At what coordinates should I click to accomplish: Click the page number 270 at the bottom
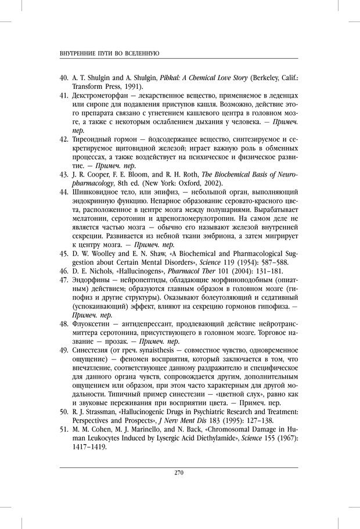pyautogui.click(x=179, y=472)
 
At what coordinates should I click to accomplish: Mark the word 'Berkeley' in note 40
pyautogui.click(x=255, y=77)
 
